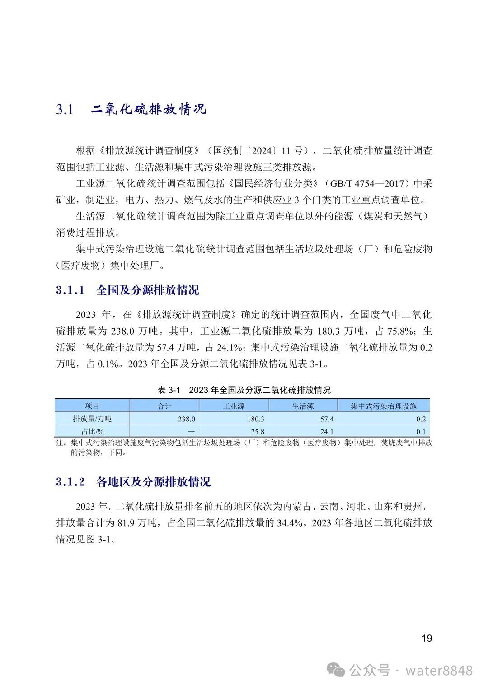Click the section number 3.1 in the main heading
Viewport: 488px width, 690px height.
65,109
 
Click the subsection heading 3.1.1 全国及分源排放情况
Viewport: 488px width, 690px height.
127,290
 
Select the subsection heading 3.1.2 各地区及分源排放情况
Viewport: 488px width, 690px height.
133,482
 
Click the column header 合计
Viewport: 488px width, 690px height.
164,406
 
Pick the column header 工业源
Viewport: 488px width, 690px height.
234,406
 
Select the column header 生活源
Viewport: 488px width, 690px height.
303,406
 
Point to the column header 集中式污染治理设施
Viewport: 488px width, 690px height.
383,406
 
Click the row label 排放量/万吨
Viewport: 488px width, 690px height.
92,419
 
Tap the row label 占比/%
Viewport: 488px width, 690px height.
92,431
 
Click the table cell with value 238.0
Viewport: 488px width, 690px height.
187,419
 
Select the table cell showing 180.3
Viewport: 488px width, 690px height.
256,419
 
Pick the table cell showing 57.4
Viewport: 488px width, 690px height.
327,419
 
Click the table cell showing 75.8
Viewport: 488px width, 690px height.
258,431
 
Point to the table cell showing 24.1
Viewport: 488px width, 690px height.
327,431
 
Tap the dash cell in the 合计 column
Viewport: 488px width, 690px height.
191,431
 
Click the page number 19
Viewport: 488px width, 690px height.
427,638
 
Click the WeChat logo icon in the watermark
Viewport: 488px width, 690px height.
336,670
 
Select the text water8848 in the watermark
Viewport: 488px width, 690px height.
439,671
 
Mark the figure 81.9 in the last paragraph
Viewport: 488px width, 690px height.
126,523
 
